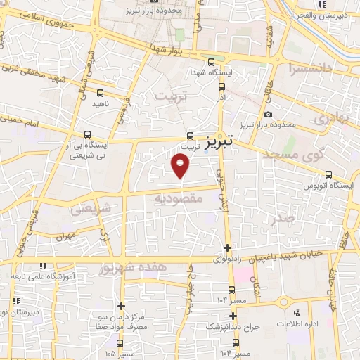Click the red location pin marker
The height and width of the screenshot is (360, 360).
(x=181, y=166)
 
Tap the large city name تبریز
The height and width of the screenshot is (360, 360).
(x=220, y=143)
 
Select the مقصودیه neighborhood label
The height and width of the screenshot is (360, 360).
(x=179, y=199)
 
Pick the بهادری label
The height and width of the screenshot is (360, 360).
(x=330, y=119)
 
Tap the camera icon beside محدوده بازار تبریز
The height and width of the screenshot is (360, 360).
(x=268, y=115)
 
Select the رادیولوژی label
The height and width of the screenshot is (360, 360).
(x=227, y=259)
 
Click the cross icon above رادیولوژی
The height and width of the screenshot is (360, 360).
(x=227, y=247)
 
